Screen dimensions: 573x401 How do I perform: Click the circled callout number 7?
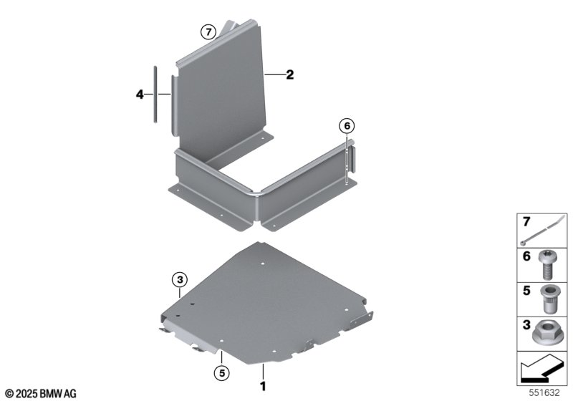coord(208,32)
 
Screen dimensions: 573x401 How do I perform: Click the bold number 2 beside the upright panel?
coord(290,74)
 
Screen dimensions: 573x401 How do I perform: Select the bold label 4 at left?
coord(140,95)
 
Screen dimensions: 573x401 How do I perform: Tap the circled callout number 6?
coord(347,126)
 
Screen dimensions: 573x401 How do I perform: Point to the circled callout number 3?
coord(180,280)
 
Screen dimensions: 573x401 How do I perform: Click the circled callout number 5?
coord(222,373)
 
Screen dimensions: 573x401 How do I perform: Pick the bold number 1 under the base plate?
coord(263,386)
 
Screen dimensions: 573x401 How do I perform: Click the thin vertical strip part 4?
coord(155,95)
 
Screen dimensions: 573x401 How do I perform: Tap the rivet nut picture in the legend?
coord(548,299)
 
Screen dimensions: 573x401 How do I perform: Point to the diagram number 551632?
coord(544,393)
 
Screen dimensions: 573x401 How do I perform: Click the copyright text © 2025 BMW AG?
coord(41,394)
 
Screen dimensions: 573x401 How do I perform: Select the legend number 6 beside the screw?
coord(526,256)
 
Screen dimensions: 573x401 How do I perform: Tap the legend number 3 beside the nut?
coord(526,324)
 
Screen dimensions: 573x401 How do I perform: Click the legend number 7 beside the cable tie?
coord(526,222)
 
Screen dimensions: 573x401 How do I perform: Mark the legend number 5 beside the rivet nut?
coord(526,291)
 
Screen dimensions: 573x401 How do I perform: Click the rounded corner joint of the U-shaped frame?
coord(256,193)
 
